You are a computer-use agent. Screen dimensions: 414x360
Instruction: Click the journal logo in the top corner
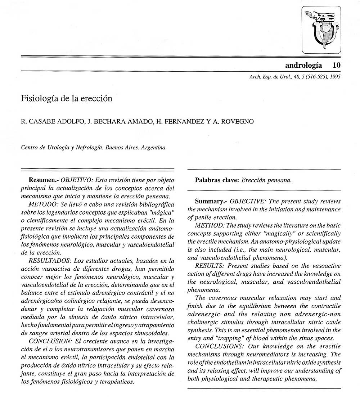click(321, 30)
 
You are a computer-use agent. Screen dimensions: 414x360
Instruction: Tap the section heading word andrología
click(303, 65)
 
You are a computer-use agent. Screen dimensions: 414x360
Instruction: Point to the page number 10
click(337, 65)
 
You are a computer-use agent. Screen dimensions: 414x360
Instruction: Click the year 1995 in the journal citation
click(335, 76)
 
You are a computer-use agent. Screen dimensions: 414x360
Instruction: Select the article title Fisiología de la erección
click(67, 98)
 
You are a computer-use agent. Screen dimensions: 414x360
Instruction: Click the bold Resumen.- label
click(44, 180)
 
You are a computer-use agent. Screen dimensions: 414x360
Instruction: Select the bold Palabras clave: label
click(217, 180)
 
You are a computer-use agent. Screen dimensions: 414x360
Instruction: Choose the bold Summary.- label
click(211, 201)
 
